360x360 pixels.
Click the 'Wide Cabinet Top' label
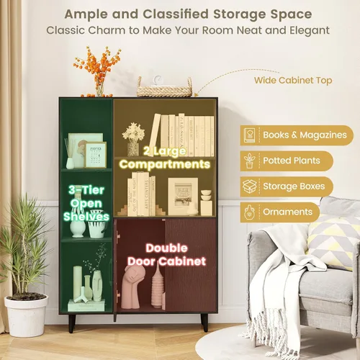[x=293, y=80]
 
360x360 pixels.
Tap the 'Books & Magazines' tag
[x=297, y=135]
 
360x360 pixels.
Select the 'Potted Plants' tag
[x=287, y=161]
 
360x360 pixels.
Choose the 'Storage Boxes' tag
[x=287, y=186]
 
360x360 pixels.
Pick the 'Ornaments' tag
[x=280, y=212]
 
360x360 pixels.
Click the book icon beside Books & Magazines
[x=249, y=135]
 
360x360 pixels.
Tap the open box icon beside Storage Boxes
[x=250, y=186]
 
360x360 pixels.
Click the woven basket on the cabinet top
[x=164, y=89]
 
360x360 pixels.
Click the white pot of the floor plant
[x=27, y=315]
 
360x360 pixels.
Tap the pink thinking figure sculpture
[x=131, y=287]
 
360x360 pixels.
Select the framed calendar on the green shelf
[x=96, y=155]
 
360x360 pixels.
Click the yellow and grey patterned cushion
[x=333, y=243]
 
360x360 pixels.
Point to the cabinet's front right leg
[x=204, y=323]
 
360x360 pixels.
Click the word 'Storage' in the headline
[x=240, y=14]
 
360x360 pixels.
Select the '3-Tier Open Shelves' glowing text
[x=86, y=203]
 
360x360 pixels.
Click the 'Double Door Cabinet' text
[x=166, y=255]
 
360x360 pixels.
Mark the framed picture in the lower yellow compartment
[x=183, y=197]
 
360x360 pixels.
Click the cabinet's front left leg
[x=72, y=323]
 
